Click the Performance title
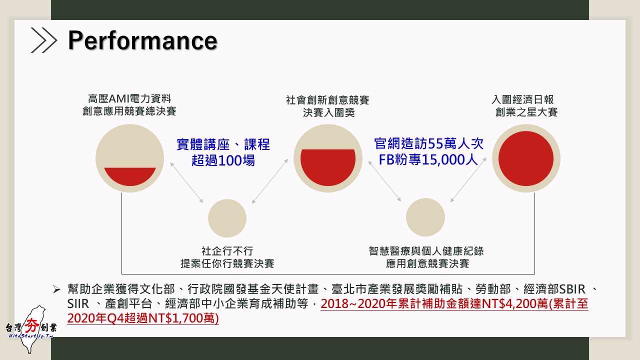tap(142, 40)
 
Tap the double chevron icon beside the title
tap(43, 40)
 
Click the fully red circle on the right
tap(525, 158)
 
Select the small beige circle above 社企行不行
tap(227, 218)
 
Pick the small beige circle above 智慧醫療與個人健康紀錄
tap(425, 217)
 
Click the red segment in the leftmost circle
tap(130, 176)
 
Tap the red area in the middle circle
tap(328, 167)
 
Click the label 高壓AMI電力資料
tap(129, 99)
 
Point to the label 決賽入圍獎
tap(329, 112)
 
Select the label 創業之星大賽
tap(526, 112)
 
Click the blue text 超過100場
tap(223, 160)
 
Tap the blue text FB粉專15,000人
tap(428, 159)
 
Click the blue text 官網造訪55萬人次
tap(428, 143)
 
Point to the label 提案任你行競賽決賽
tap(227, 263)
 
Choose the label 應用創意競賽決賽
tap(427, 263)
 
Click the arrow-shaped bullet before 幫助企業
tap(56, 289)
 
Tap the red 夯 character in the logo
tap(31, 325)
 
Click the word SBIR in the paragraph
tap(572, 289)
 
